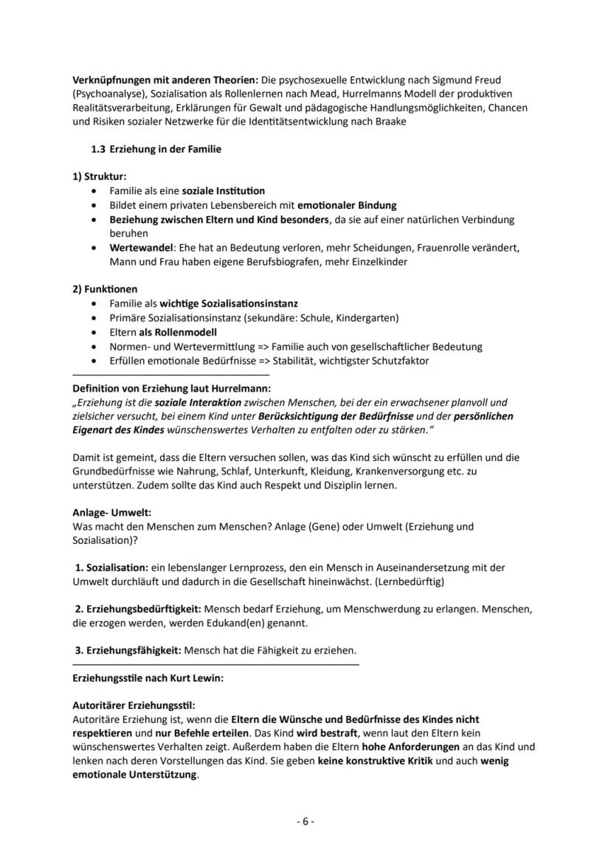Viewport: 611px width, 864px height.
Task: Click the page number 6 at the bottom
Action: (305, 821)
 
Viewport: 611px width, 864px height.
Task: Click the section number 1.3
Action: (99, 149)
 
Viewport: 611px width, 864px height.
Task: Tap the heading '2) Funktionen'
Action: (104, 288)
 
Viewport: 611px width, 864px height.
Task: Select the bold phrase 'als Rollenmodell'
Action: (175, 332)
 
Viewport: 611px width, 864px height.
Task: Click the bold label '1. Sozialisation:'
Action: (111, 567)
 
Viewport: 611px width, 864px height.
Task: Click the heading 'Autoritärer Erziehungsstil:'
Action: (134, 705)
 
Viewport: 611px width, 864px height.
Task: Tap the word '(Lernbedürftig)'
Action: (411, 581)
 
